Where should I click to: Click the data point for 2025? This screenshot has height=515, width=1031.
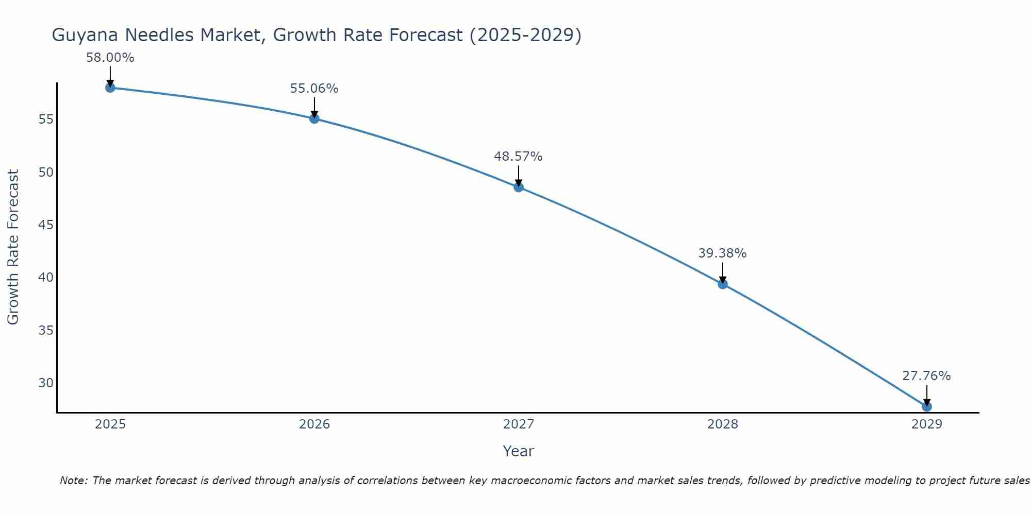point(110,88)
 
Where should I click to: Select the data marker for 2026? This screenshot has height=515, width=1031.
point(314,118)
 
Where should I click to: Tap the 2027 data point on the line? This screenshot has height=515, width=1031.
point(519,187)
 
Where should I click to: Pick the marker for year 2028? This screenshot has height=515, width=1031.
point(723,284)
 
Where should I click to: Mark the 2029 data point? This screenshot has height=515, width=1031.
point(927,406)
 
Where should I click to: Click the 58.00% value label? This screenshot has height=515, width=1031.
point(110,58)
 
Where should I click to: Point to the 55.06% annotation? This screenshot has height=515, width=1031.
point(314,89)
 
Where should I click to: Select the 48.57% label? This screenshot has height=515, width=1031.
point(519,157)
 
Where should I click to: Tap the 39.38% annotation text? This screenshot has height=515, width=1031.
point(723,253)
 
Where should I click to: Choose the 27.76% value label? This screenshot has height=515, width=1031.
point(927,376)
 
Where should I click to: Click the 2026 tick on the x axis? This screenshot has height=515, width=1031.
point(314,424)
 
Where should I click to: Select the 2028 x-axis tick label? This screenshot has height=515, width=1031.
point(723,424)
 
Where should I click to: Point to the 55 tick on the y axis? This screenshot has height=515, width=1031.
point(46,119)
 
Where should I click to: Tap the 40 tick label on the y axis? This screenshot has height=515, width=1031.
point(46,278)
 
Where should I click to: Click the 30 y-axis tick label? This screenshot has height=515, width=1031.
point(46,383)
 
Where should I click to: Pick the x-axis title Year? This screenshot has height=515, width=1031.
point(519,451)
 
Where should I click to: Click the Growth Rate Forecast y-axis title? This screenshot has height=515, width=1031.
point(13,247)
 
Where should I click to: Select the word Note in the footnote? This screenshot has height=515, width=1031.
point(74,480)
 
